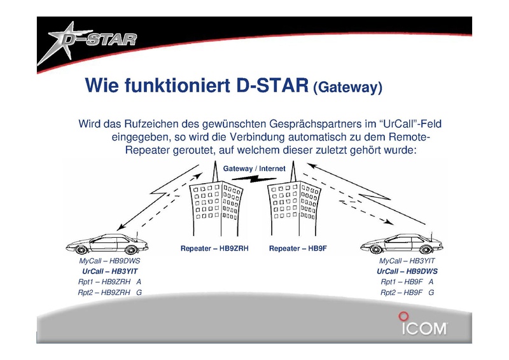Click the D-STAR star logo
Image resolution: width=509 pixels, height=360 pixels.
pyautogui.click(x=87, y=41)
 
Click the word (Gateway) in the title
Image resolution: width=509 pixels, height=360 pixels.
pyautogui.click(x=347, y=87)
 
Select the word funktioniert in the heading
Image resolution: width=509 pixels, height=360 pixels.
pyautogui.click(x=178, y=85)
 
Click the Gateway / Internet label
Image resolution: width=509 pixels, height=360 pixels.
pyautogui.click(x=254, y=169)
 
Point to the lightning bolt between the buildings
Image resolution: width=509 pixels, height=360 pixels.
pyautogui.click(x=254, y=179)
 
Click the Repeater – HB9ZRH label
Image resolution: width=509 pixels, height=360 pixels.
pyautogui.click(x=214, y=248)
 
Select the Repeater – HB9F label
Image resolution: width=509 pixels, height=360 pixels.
pyautogui.click(x=298, y=248)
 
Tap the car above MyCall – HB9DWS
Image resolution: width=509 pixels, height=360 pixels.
pyautogui.click(x=107, y=244)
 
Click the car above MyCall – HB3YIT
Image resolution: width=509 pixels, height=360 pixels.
pyautogui.click(x=401, y=244)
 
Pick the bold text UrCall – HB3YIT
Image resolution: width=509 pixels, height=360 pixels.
pyautogui.click(x=109, y=271)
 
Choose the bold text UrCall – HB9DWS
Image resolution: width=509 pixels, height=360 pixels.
pyautogui.click(x=407, y=271)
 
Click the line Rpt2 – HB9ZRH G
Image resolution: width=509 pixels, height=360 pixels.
pyautogui.click(x=109, y=293)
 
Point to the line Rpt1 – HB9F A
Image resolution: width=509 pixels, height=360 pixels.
pyautogui.click(x=407, y=282)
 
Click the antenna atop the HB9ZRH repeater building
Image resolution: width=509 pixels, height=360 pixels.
pyautogui.click(x=214, y=171)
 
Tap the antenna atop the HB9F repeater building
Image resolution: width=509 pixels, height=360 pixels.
pyautogui.click(x=293, y=171)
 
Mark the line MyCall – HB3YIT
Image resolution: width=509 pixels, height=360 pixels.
pyautogui.click(x=407, y=261)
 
